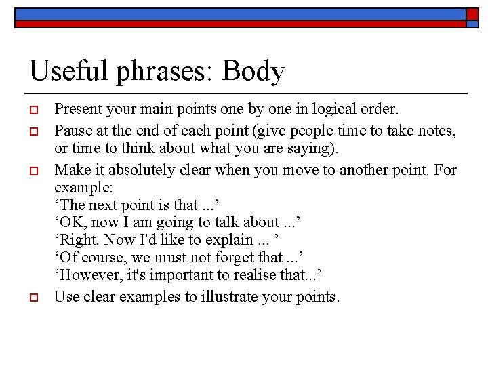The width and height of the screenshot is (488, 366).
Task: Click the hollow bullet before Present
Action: [33, 108]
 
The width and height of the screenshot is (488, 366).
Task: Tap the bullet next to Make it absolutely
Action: [33, 169]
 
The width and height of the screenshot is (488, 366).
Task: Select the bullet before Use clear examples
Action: [33, 297]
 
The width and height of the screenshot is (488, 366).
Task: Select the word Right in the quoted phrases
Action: [79, 240]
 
